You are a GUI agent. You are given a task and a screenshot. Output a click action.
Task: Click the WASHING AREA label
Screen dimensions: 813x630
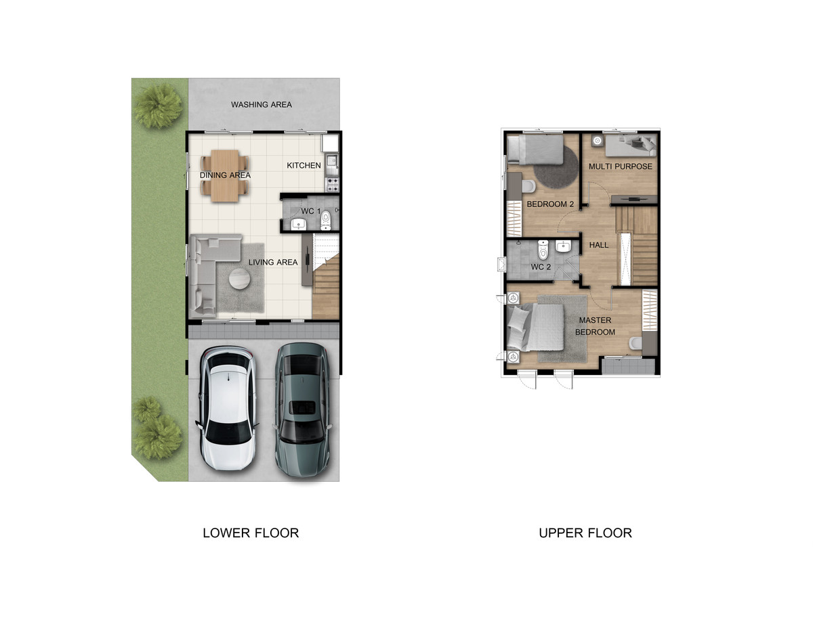point(261,105)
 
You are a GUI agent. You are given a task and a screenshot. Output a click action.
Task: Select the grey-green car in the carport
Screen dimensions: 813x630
point(302,410)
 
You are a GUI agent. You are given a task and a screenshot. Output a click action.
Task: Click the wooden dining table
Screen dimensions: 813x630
point(224,176)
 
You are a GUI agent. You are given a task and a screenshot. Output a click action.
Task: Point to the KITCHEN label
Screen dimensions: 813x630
point(304,165)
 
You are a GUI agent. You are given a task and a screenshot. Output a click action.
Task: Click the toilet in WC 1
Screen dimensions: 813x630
point(326,220)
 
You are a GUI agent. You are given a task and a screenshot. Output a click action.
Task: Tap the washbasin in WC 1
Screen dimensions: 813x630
point(299,224)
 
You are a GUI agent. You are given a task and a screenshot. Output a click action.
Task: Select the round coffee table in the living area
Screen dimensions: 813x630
point(239,279)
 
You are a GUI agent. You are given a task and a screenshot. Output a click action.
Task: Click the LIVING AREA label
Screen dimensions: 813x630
point(273,263)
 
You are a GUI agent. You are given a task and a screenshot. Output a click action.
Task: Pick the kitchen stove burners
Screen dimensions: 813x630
point(333,184)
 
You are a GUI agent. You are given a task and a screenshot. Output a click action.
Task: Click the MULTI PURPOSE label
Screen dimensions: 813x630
point(621,166)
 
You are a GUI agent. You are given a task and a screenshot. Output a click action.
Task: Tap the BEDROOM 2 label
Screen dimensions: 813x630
point(550,204)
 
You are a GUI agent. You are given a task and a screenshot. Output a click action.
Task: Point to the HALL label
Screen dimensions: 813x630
point(599,245)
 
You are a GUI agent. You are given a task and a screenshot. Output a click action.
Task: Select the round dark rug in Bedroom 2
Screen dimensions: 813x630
point(556,167)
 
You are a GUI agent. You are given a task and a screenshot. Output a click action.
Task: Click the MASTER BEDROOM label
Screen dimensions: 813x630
point(595,326)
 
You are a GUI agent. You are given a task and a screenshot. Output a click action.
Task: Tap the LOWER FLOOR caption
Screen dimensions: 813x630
point(251,533)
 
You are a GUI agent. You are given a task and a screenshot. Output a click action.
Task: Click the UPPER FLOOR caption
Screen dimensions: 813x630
point(585,533)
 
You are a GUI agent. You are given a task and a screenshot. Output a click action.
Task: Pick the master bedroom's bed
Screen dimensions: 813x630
point(535,328)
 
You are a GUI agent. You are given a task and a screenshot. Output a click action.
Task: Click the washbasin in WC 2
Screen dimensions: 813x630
point(563,246)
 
